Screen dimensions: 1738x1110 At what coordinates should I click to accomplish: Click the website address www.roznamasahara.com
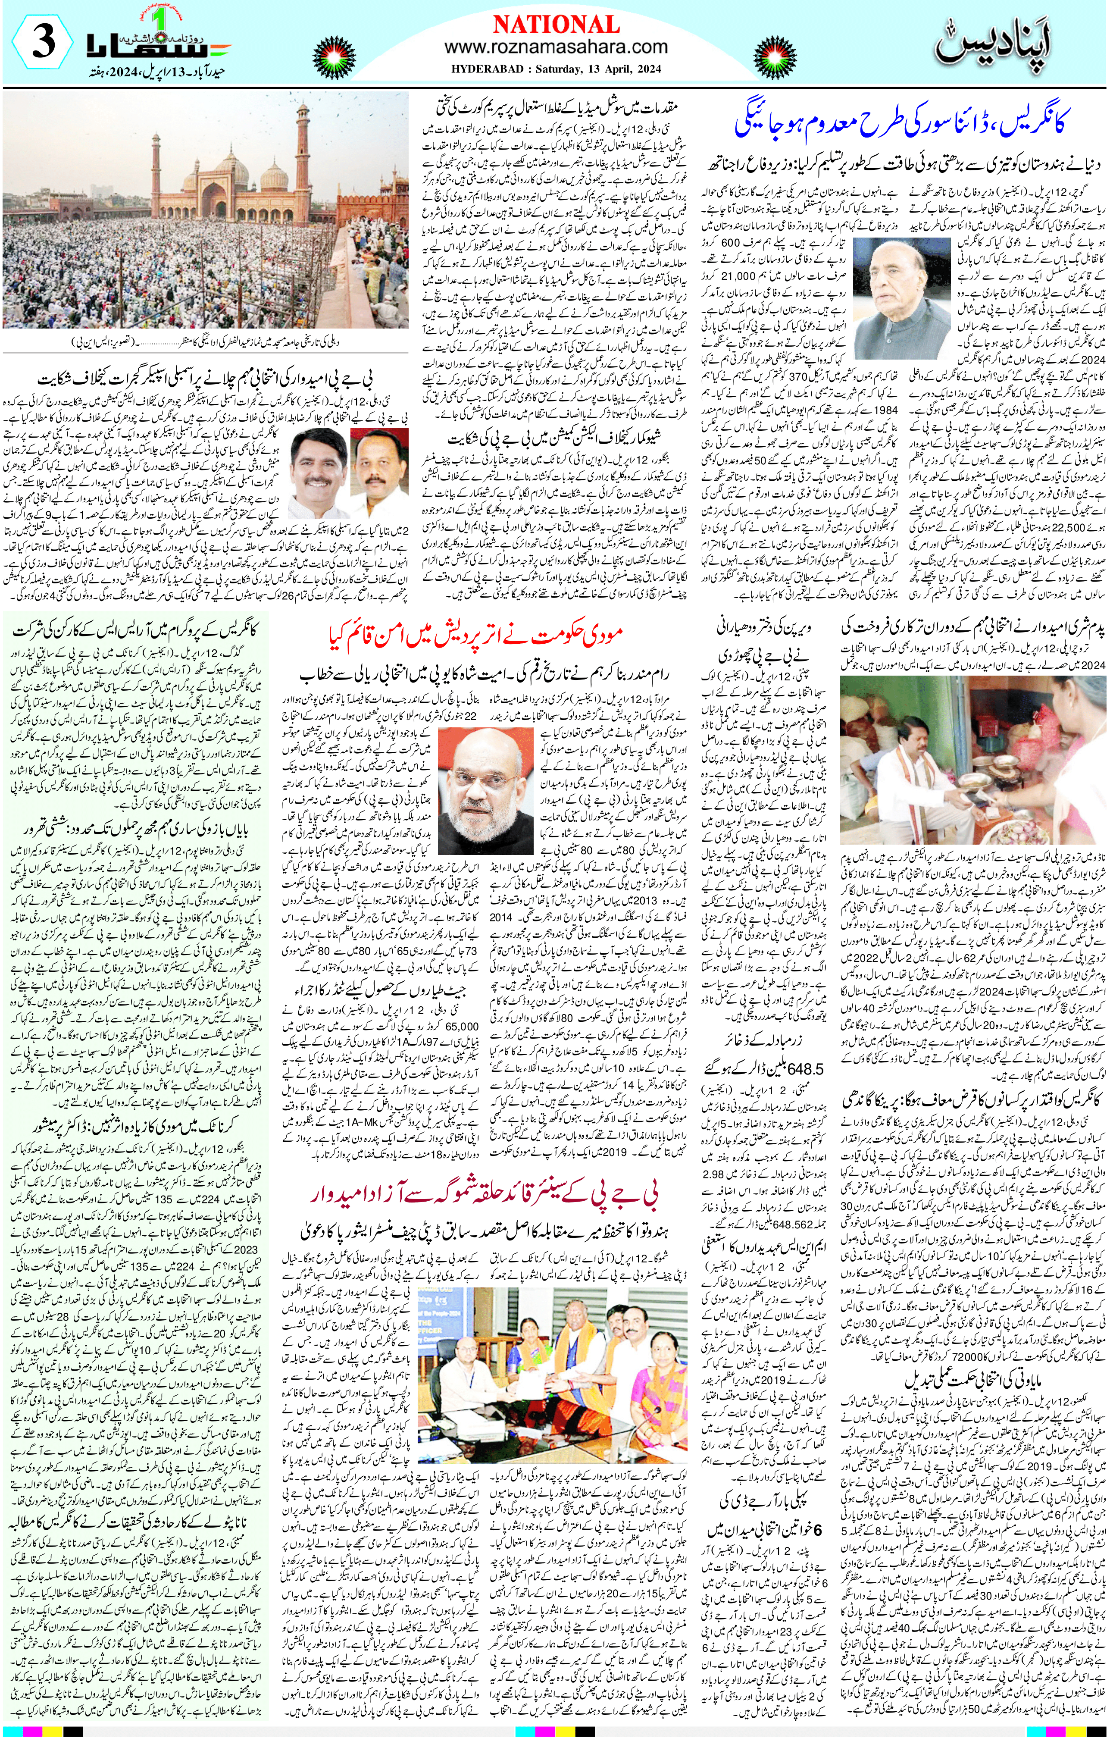click(x=556, y=47)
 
